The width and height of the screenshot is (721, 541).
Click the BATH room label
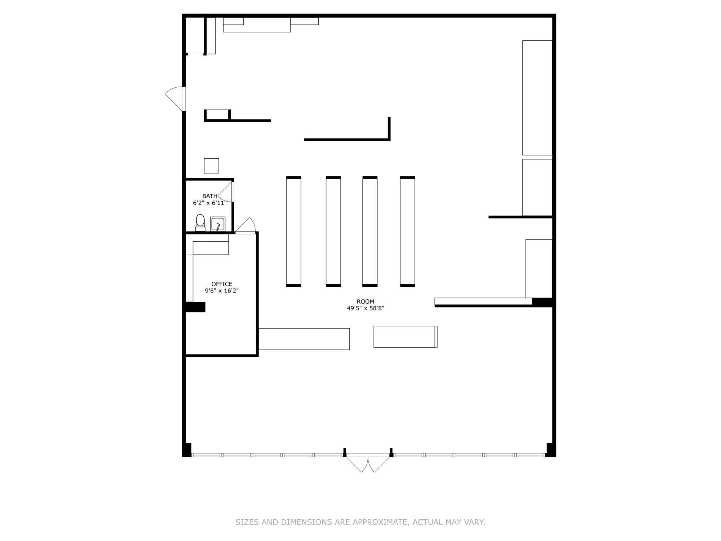click(210, 196)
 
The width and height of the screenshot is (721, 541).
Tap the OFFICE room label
click(222, 284)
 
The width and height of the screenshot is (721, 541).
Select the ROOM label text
click(366, 302)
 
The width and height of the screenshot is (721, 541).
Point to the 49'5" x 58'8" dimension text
click(366, 308)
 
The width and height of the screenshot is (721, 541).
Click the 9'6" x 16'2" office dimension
click(222, 291)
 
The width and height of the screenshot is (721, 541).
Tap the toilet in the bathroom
click(200, 223)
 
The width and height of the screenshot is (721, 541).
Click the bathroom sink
click(218, 224)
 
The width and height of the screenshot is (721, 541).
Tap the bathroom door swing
click(226, 192)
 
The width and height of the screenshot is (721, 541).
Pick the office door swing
click(246, 226)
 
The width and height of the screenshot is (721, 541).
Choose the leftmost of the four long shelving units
click(293, 232)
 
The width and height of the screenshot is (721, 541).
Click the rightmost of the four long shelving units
click(407, 232)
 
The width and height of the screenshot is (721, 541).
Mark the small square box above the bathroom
click(211, 166)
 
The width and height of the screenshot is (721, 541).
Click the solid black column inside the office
click(195, 307)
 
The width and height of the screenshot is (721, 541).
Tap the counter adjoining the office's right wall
click(304, 339)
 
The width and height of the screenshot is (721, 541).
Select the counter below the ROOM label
click(406, 337)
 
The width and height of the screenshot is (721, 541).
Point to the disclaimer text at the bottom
click(360, 522)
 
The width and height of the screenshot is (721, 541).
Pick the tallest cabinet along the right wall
click(538, 98)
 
